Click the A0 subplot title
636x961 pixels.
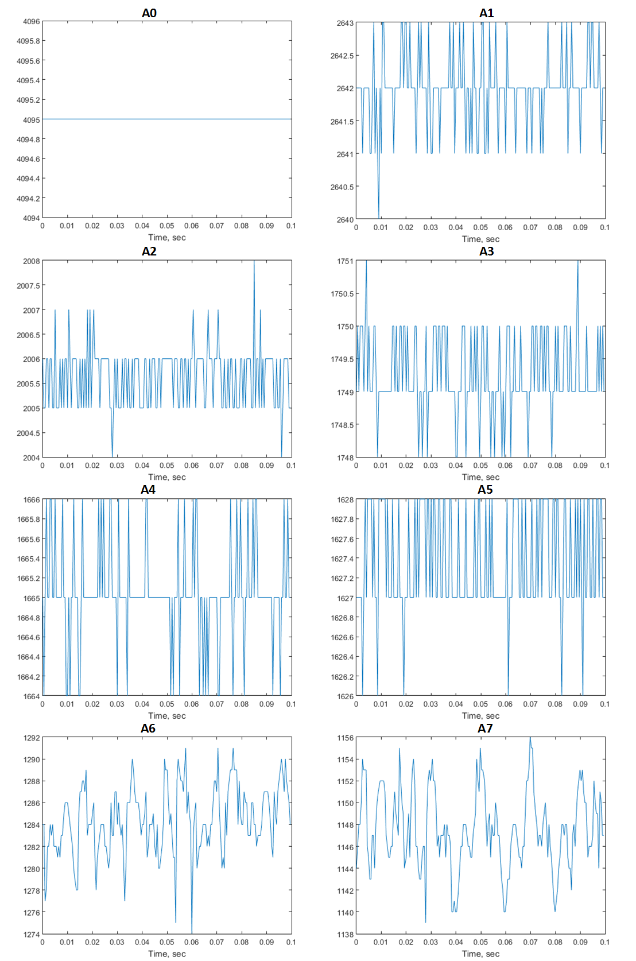tap(149, 13)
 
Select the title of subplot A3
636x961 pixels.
tap(486, 251)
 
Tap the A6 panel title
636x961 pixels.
tap(148, 728)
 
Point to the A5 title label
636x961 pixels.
tap(485, 489)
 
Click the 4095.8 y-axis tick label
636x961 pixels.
tap(28, 41)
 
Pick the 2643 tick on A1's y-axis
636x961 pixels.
tap(345, 24)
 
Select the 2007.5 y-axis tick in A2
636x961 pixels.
tap(28, 286)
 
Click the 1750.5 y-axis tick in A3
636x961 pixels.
tap(342, 294)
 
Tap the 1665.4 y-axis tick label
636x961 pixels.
tap(28, 559)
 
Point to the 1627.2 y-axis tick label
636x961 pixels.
tap(342, 578)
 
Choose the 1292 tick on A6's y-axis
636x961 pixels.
tap(32, 738)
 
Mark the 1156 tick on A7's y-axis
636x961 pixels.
tap(345, 738)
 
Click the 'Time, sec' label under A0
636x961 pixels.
tap(167, 238)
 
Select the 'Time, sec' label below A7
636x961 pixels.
tap(480, 954)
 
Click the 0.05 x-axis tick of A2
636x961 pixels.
tap(167, 466)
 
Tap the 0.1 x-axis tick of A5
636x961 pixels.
tap(605, 704)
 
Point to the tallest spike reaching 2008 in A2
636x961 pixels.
tap(254, 262)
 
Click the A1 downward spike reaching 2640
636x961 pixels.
tap(379, 217)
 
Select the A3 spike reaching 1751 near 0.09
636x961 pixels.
tap(578, 262)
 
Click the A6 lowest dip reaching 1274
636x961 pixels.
tap(192, 932)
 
